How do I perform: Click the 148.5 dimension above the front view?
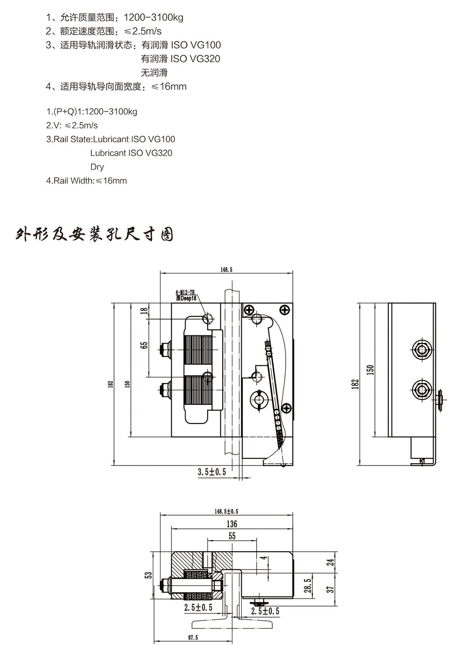[226, 270]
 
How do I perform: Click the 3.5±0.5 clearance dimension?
[212, 472]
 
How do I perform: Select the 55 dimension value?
[232, 536]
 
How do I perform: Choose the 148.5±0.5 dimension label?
[226, 511]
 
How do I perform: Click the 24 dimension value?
[332, 562]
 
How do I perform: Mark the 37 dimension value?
[332, 589]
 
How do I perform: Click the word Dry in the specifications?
[97, 167]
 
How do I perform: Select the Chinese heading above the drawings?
[94, 235]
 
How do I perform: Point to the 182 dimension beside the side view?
[355, 384]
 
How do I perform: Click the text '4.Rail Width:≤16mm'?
[87, 181]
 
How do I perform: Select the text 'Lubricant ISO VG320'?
[131, 153]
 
